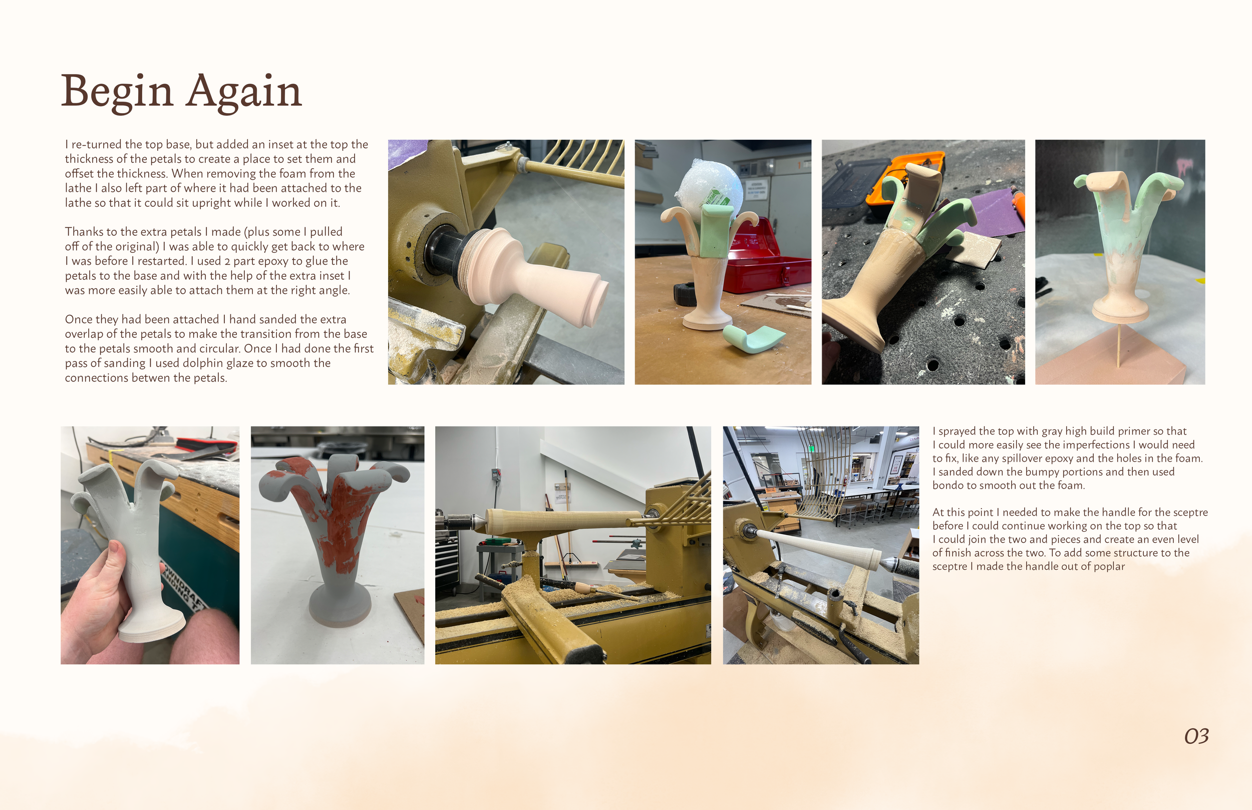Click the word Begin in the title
[x=117, y=92]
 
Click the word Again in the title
[x=244, y=92]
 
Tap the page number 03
[x=1196, y=736]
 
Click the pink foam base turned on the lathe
[x=531, y=273]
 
